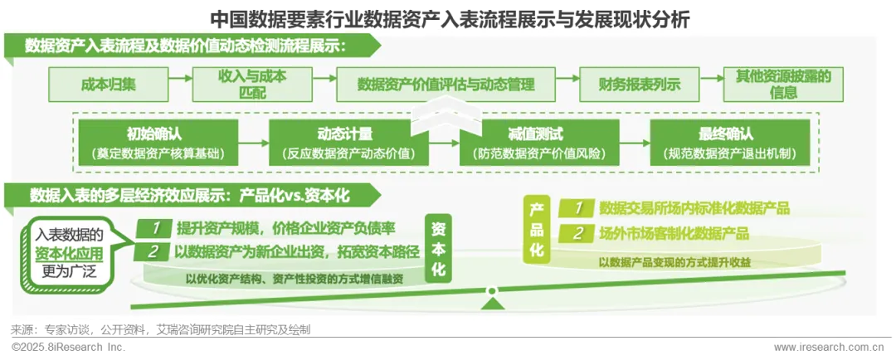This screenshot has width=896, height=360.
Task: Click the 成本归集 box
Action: (x=104, y=84)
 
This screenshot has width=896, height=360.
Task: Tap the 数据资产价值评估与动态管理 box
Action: (x=445, y=84)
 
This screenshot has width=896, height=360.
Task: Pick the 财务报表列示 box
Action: (x=640, y=84)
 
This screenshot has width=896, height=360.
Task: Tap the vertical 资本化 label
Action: (x=441, y=248)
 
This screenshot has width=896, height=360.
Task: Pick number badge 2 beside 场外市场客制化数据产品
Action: (x=578, y=234)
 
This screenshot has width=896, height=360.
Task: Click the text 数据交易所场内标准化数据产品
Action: (x=694, y=208)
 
